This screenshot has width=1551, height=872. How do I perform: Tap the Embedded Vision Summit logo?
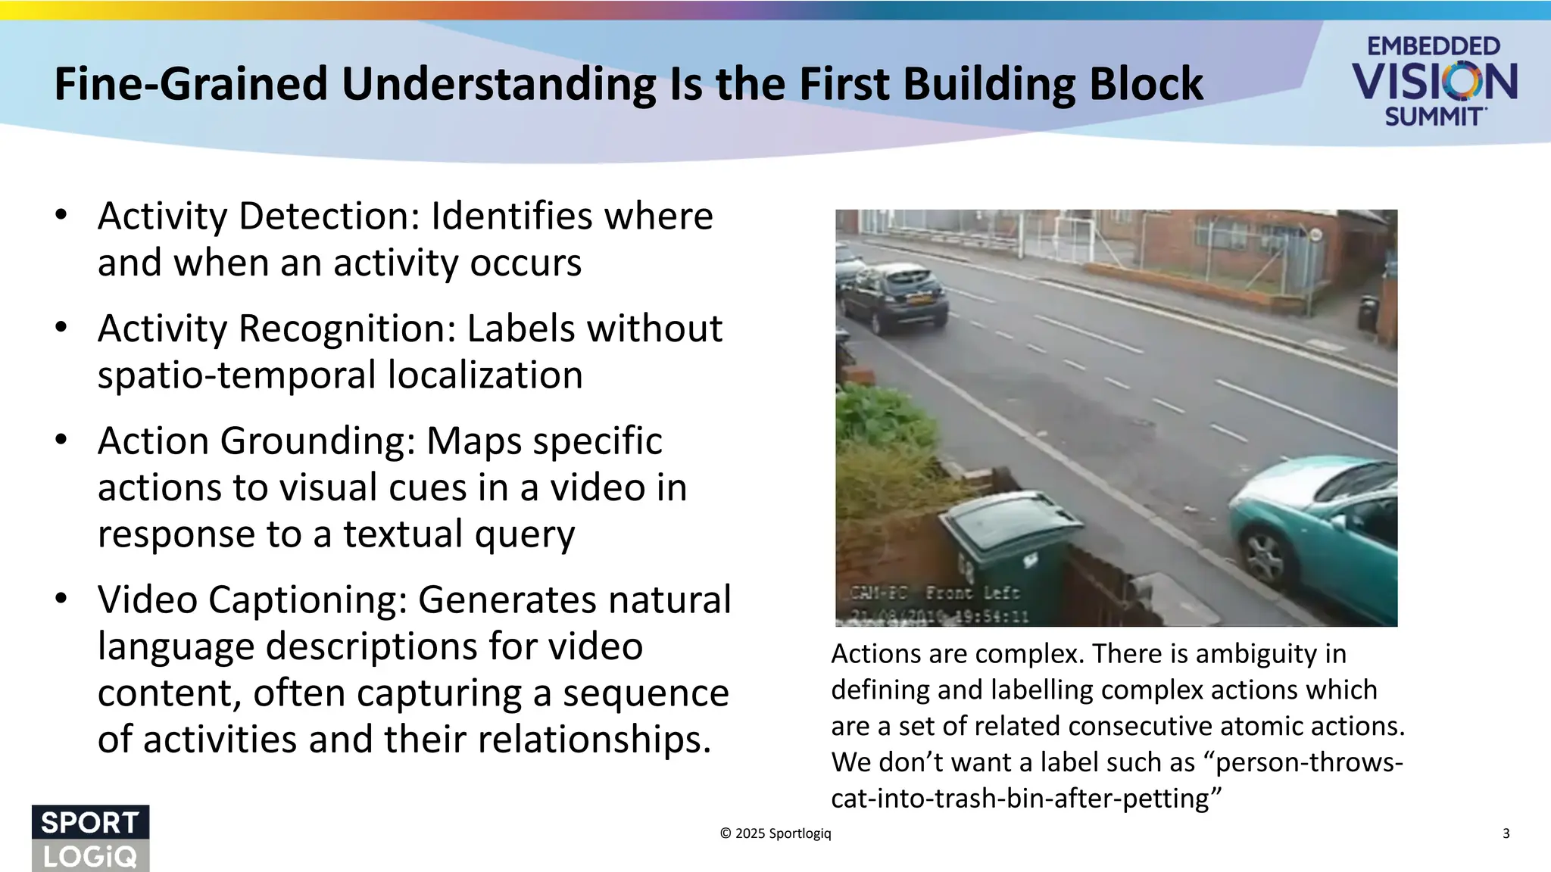(1434, 81)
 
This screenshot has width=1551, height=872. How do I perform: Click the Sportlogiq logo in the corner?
(90, 839)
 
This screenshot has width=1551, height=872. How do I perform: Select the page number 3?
(1506, 833)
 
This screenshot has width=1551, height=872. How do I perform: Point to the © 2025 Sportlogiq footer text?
(775, 833)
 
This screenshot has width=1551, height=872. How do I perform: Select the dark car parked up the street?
(894, 298)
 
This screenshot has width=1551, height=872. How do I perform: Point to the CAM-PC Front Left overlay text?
(935, 593)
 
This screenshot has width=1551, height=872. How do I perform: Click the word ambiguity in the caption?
(1256, 654)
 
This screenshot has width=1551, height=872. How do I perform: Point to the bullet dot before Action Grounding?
(61, 440)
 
